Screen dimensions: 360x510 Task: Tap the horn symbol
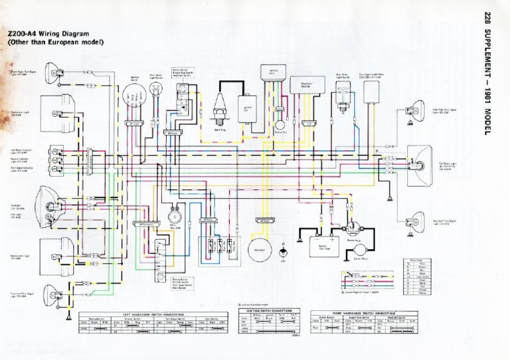[x=175, y=217]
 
